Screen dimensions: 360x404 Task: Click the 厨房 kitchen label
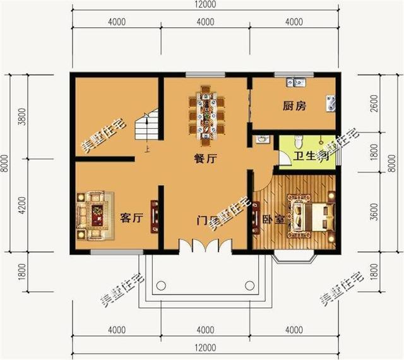tap(294, 106)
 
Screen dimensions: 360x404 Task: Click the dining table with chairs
tap(206, 114)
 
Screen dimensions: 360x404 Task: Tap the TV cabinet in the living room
tap(154, 218)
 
